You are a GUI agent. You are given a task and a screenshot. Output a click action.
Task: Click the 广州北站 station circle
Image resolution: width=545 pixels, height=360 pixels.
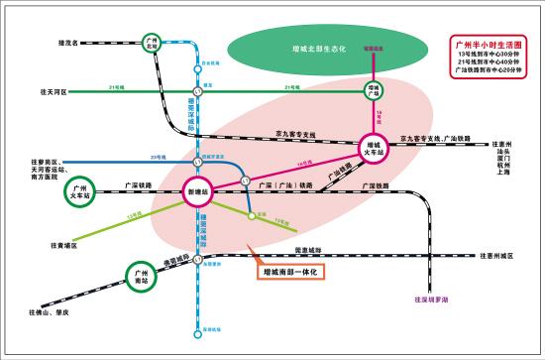click(151, 46)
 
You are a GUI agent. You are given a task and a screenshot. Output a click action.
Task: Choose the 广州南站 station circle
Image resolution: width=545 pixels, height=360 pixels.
click(142, 275)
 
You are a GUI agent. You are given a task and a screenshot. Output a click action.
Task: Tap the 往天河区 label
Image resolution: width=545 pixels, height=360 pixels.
click(52, 91)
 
